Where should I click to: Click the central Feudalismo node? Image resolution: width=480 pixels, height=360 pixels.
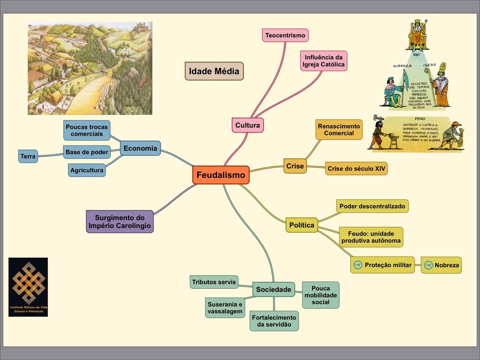(221, 175)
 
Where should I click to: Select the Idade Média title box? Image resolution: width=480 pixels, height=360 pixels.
(214, 71)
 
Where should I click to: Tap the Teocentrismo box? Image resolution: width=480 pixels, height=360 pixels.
(285, 35)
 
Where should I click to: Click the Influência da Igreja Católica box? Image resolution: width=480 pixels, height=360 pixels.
(323, 61)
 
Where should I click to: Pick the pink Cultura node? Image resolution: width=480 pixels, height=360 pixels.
(247, 125)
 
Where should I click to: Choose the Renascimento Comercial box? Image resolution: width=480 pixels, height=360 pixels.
(339, 130)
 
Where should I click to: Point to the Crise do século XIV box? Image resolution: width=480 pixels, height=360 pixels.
(356, 168)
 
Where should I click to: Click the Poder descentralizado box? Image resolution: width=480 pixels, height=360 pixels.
(372, 206)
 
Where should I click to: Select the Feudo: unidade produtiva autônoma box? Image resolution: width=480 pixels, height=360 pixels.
(371, 237)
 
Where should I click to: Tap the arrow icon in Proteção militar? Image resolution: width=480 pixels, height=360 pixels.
(358, 265)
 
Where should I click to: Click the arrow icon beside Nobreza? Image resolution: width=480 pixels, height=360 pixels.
(428, 265)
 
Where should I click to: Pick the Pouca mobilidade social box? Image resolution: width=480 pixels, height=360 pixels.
(320, 295)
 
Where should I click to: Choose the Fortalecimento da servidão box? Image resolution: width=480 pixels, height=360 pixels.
(274, 321)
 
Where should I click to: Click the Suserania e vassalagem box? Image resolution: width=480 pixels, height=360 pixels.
(225, 308)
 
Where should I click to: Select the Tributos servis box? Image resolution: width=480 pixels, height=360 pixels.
(214, 282)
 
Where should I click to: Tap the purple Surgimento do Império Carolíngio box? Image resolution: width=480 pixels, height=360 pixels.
(120, 222)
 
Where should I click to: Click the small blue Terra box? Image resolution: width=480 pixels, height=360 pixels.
(28, 156)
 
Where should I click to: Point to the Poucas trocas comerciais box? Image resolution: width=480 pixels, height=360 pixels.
(87, 130)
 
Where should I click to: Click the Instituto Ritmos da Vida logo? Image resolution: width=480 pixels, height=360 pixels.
(28, 287)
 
